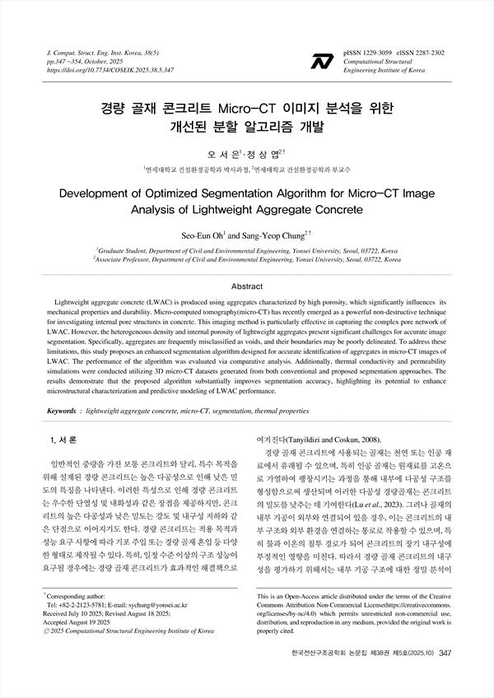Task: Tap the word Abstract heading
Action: pos(247,286)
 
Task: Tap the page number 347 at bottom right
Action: pos(446,676)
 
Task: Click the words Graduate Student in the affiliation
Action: pos(128,249)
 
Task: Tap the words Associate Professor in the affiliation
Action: pos(131,258)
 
